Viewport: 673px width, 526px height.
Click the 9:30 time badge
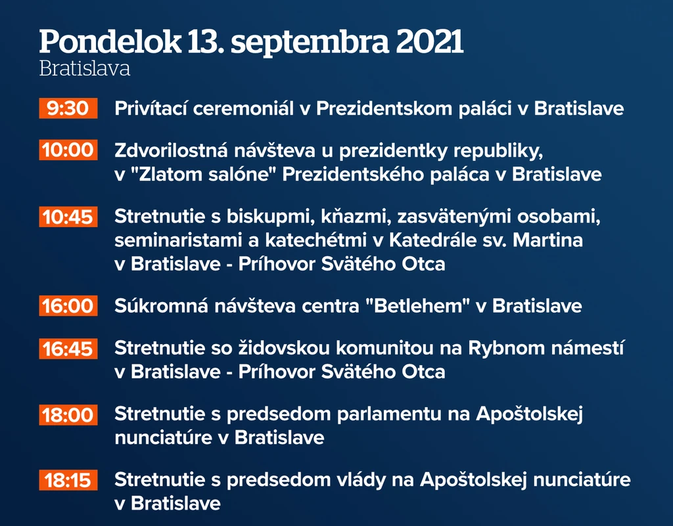pyautogui.click(x=68, y=108)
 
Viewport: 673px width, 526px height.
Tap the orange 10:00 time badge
pyautogui.click(x=68, y=150)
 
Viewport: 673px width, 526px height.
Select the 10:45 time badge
pyautogui.click(x=68, y=217)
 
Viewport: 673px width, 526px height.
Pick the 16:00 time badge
pyautogui.click(x=68, y=305)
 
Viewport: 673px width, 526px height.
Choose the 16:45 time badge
pyautogui.click(x=68, y=349)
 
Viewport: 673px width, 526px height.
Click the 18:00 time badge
pyautogui.click(x=68, y=415)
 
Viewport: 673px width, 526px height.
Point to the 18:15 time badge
pyautogui.click(x=68, y=480)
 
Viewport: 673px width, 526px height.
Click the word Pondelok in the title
pyautogui.click(x=110, y=41)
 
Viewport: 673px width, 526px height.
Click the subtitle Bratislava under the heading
pyautogui.click(x=85, y=69)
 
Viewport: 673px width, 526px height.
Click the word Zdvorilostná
pyautogui.click(x=171, y=150)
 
